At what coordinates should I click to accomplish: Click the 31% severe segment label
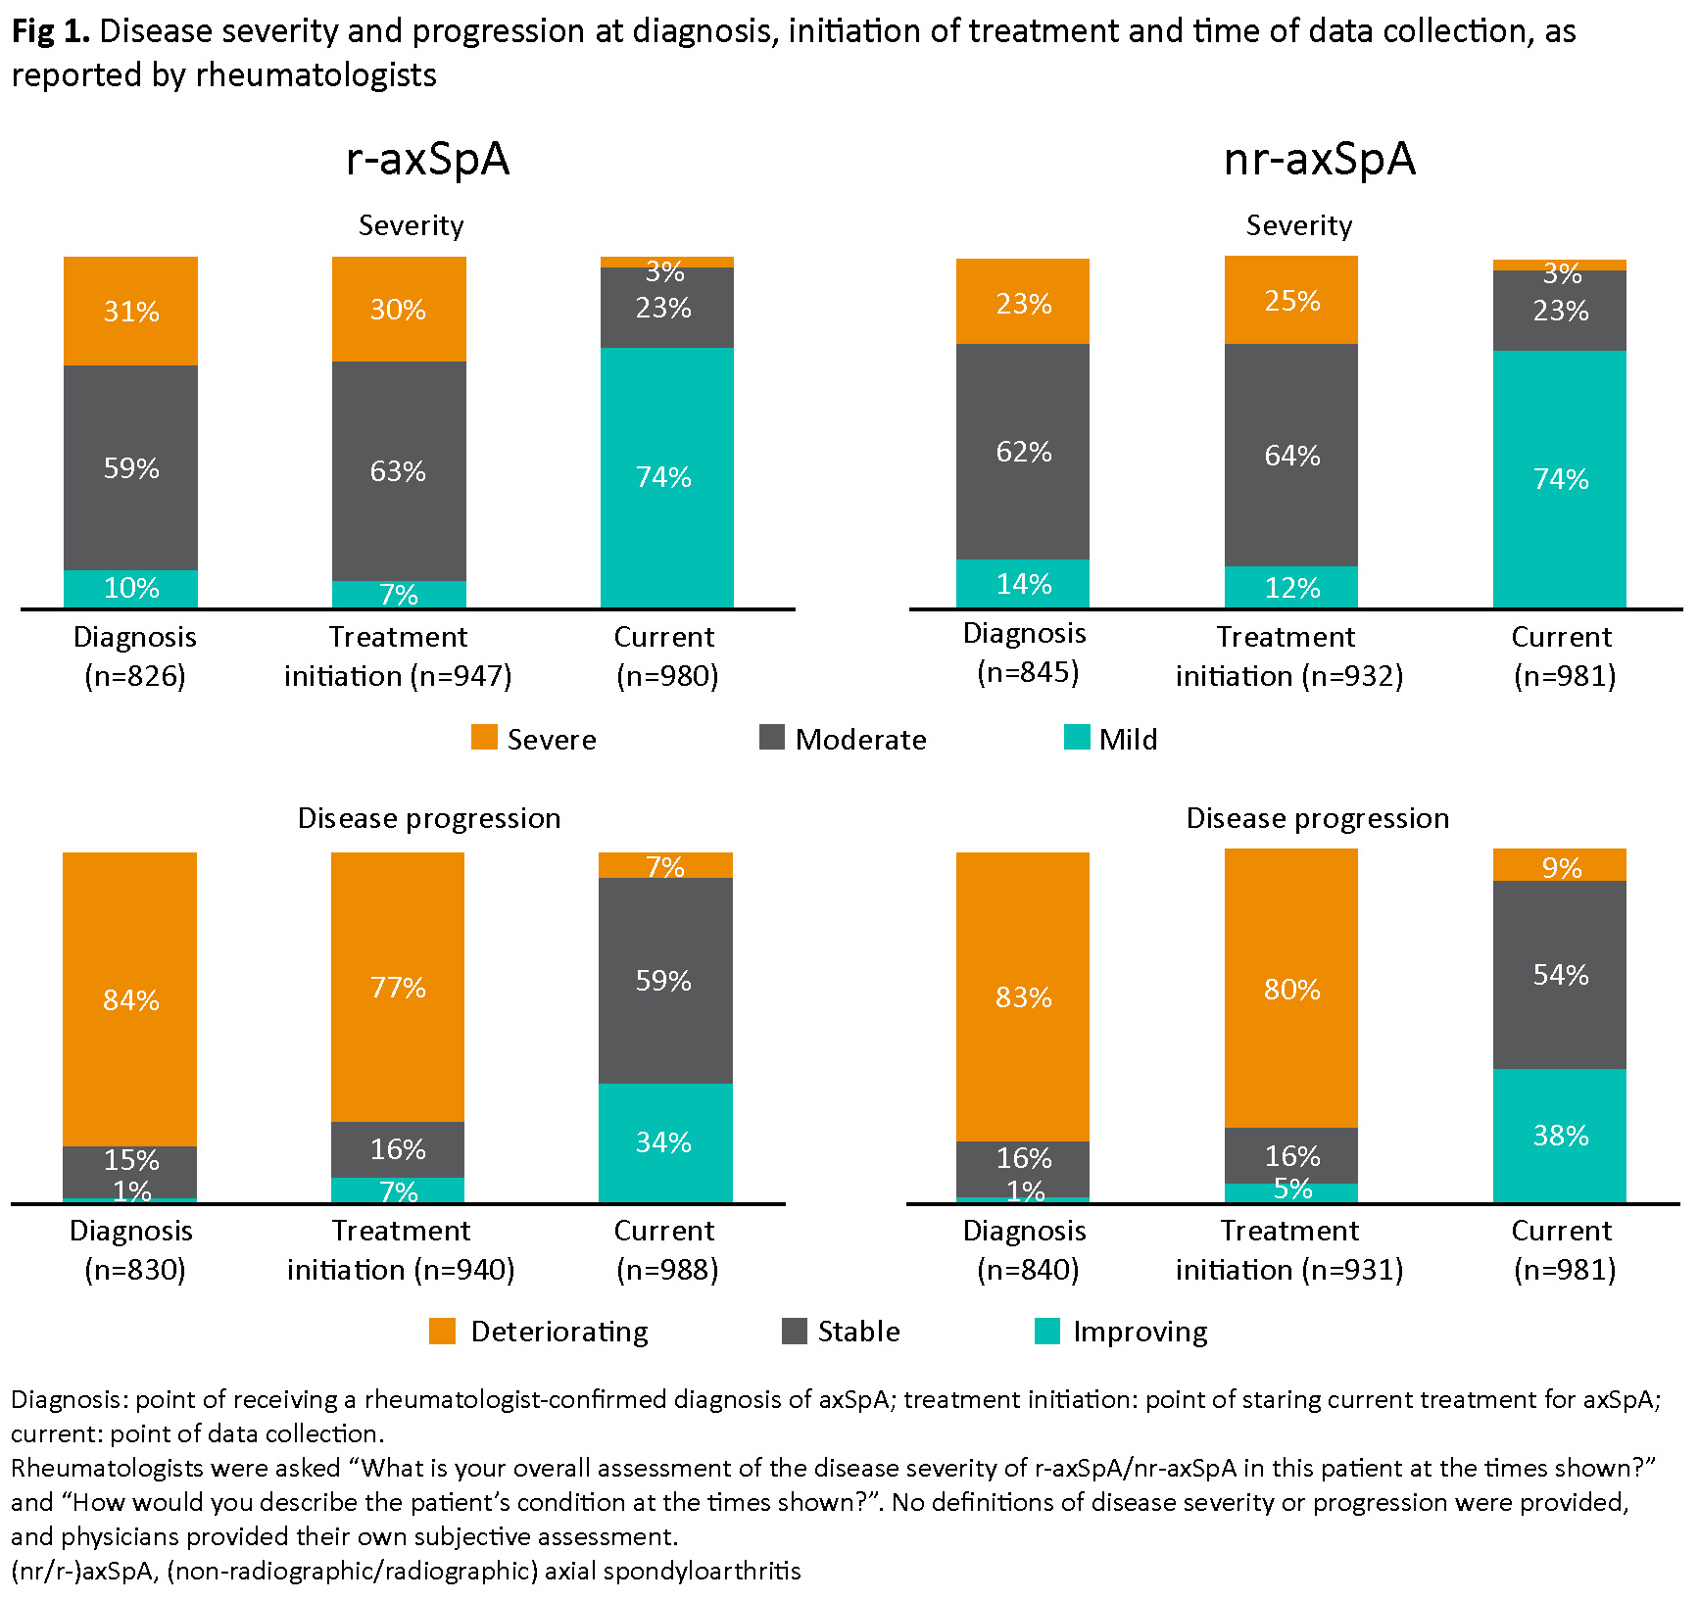point(131,312)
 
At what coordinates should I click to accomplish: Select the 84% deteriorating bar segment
point(130,999)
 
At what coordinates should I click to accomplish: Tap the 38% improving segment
point(1560,1136)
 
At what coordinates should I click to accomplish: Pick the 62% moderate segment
point(1023,452)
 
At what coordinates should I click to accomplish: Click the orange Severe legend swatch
point(484,738)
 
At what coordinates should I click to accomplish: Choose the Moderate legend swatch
point(772,738)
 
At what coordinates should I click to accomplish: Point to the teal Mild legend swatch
point(1077,738)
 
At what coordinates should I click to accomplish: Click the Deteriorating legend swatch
point(443,1331)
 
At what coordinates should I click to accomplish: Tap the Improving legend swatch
point(1047,1331)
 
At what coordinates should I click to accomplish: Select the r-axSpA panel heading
point(428,159)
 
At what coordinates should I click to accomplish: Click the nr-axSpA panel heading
point(1320,159)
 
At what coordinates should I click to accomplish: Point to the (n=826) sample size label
point(135,676)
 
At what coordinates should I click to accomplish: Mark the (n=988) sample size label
point(667,1270)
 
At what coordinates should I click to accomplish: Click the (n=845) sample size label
point(1028,672)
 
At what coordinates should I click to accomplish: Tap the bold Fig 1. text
point(50,31)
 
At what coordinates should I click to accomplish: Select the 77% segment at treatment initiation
point(398,987)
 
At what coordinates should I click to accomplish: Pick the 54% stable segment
point(1560,975)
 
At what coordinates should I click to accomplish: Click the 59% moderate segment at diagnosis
point(131,467)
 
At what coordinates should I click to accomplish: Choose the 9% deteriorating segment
point(1560,866)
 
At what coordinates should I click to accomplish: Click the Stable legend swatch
point(795,1331)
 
